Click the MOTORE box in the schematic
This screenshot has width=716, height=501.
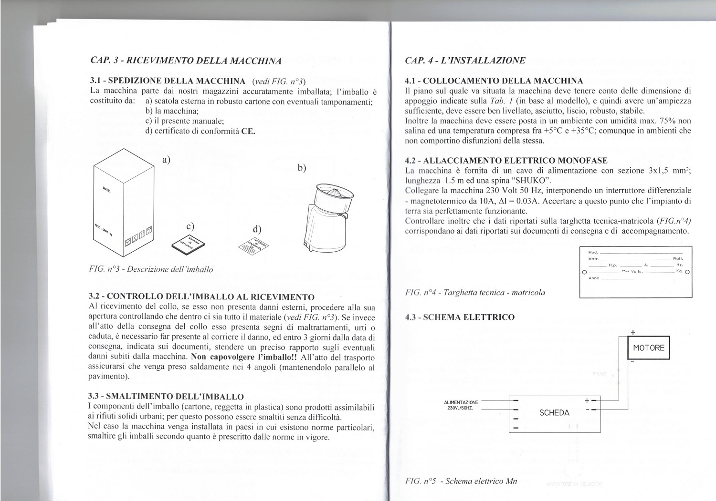pyautogui.click(x=648, y=348)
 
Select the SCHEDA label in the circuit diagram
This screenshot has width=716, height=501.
pyautogui.click(x=554, y=413)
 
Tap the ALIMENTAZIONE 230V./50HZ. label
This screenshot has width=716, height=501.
pyautogui.click(x=461, y=405)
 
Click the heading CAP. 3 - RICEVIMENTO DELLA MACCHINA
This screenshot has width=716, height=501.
pyautogui.click(x=185, y=61)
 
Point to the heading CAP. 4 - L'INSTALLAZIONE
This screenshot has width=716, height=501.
pyautogui.click(x=465, y=61)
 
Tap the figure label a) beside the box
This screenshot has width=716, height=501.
pyautogui.click(x=166, y=160)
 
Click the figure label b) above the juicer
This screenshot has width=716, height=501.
pyautogui.click(x=301, y=168)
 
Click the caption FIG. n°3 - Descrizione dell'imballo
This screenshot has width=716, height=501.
pyautogui.click(x=151, y=269)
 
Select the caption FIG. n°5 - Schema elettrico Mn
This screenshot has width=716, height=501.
pyautogui.click(x=461, y=481)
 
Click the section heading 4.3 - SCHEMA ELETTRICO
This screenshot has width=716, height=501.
pyautogui.click(x=460, y=317)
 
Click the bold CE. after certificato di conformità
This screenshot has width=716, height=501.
pyautogui.click(x=248, y=131)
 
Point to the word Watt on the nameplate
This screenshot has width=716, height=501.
pyautogui.click(x=677, y=258)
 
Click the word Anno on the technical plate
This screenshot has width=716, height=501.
pyautogui.click(x=594, y=278)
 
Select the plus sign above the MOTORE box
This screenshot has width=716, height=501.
pyautogui.click(x=633, y=332)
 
